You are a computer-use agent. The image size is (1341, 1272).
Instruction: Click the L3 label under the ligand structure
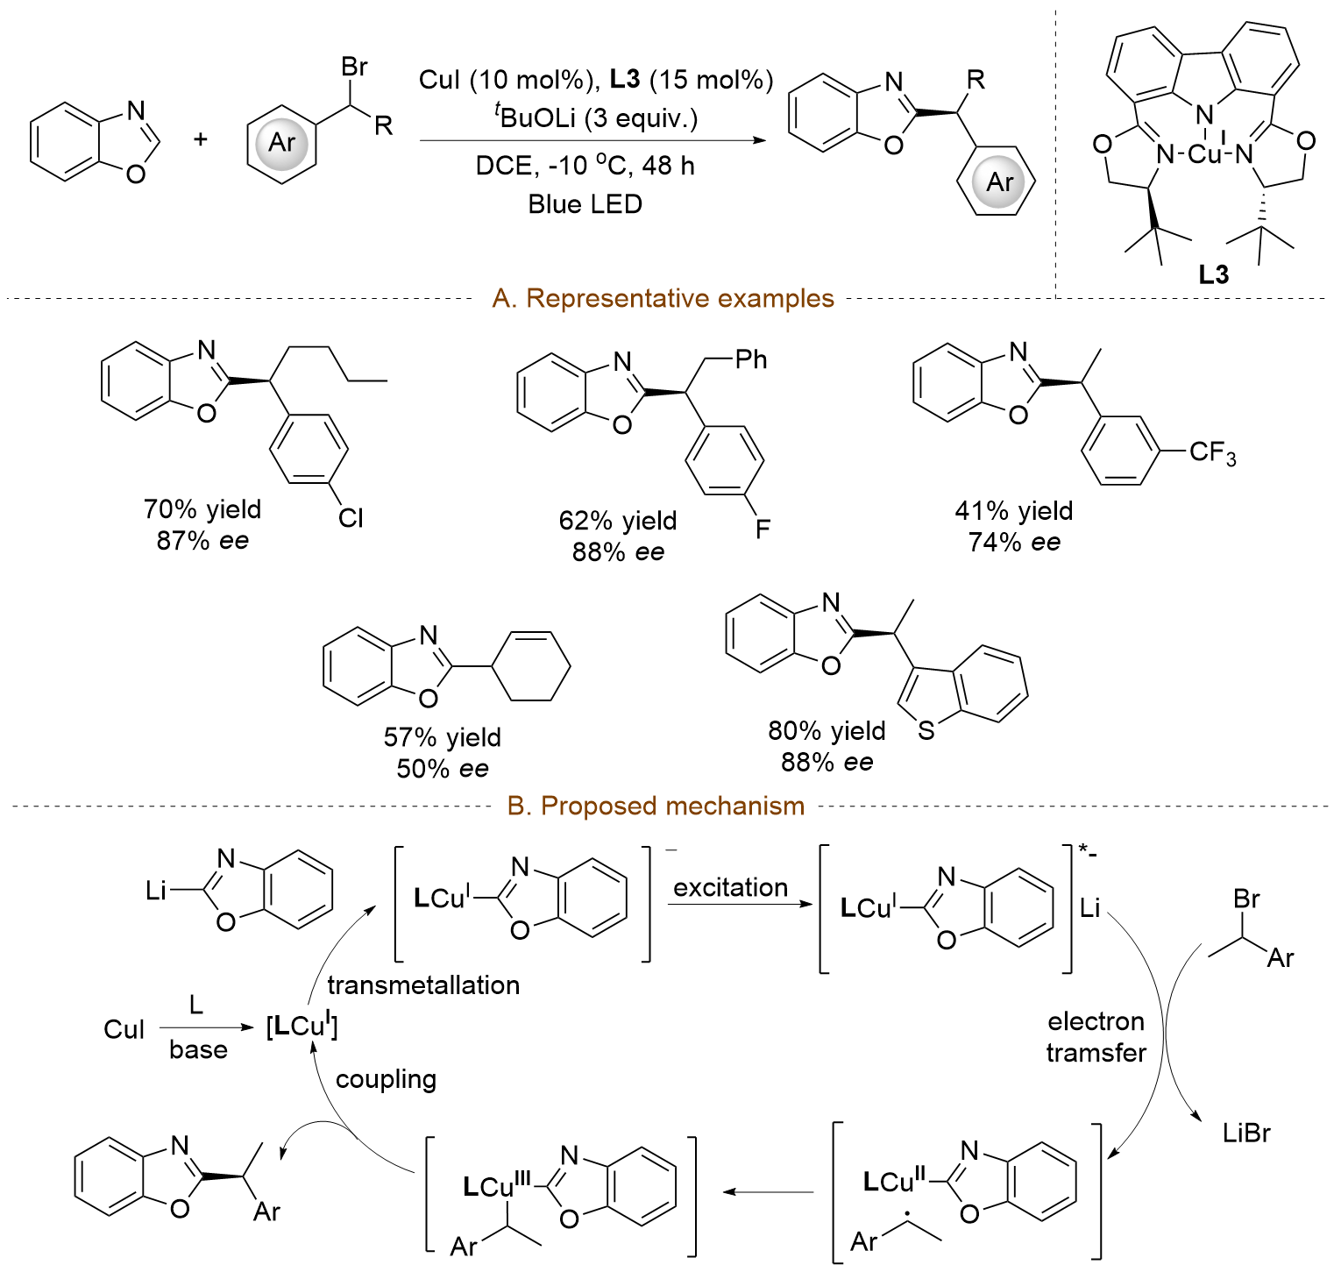[x=1214, y=275]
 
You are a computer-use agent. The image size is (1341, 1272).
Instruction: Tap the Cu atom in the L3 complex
[x=1204, y=155]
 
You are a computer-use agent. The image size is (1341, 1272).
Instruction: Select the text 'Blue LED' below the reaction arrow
[x=585, y=204]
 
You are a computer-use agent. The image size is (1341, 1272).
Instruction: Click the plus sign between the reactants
[x=201, y=139]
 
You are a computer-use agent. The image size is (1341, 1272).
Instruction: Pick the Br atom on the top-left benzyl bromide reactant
[x=354, y=67]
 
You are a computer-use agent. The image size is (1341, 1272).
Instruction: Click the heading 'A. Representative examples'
[x=663, y=299]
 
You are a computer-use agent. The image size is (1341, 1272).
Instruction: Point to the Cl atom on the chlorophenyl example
[x=351, y=518]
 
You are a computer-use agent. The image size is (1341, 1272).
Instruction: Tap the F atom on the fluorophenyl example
[x=763, y=529]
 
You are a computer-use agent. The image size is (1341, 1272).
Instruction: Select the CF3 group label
[x=1212, y=453]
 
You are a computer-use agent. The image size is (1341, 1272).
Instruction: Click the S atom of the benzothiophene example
[x=926, y=729]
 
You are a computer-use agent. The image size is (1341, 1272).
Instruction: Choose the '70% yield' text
[x=202, y=509]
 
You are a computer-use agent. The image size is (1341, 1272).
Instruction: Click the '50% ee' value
[x=443, y=769]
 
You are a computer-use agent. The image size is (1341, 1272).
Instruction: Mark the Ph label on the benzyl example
[x=751, y=359]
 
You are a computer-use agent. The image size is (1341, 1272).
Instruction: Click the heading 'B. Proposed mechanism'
[x=656, y=806]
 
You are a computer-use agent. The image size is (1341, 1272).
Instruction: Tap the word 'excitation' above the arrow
[x=730, y=888]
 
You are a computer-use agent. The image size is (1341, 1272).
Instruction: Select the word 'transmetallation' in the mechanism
[x=423, y=985]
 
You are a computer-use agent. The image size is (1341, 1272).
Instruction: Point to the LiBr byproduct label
[x=1246, y=1133]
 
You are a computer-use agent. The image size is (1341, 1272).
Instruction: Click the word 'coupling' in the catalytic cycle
[x=386, y=1078]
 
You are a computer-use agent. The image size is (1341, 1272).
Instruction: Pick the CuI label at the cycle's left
[x=124, y=1029]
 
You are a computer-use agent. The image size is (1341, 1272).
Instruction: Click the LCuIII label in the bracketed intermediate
[x=497, y=1186]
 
